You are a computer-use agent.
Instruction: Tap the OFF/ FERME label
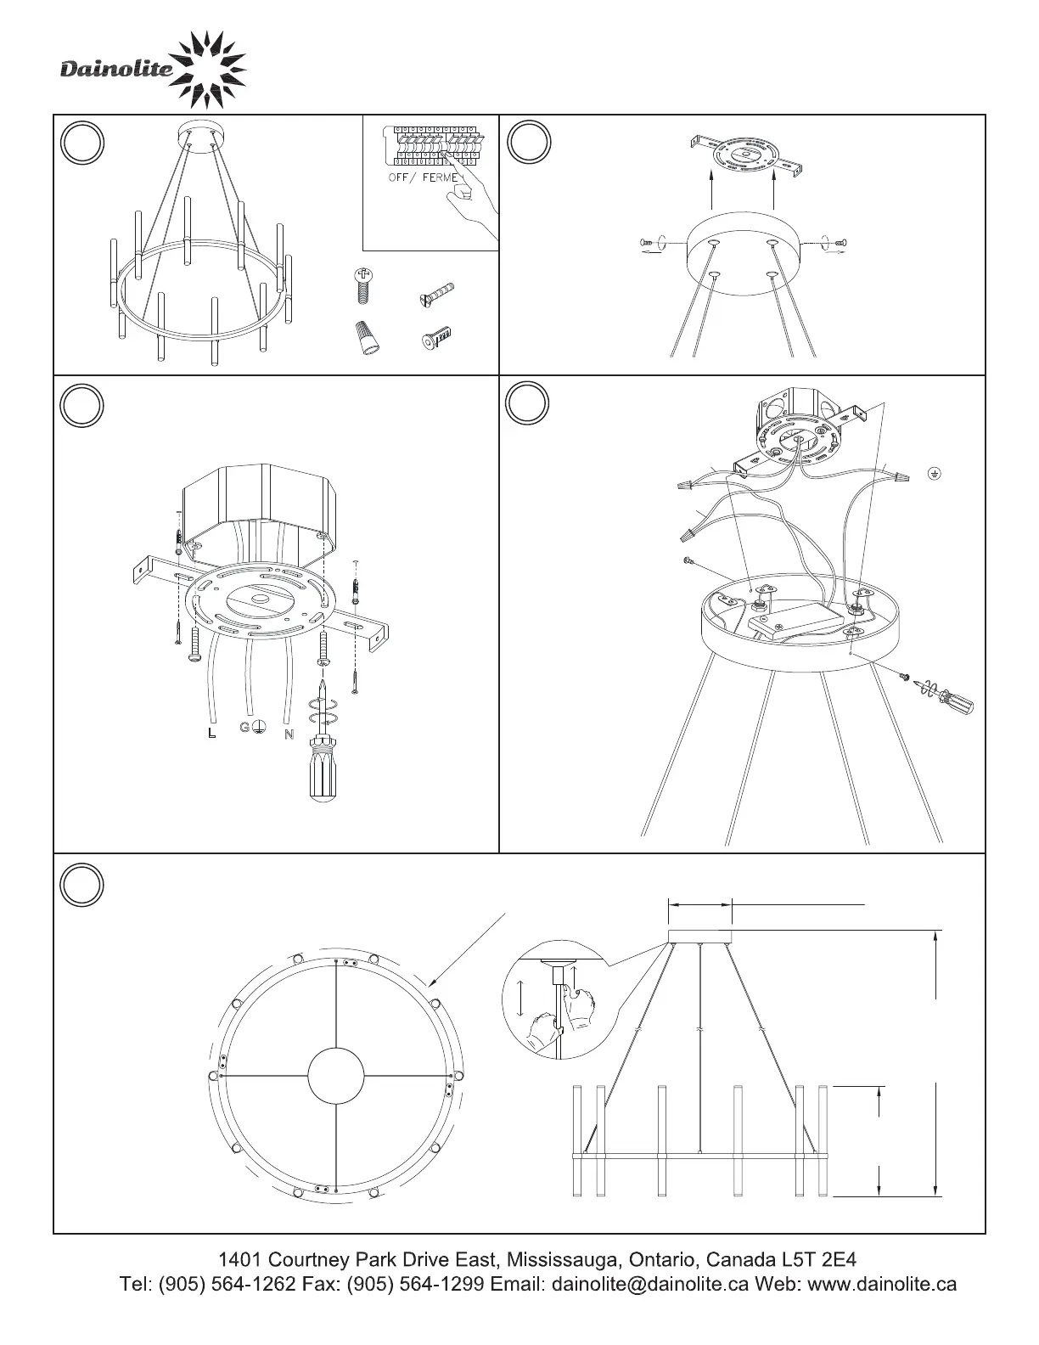(x=424, y=177)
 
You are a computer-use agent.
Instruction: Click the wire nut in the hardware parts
(x=368, y=338)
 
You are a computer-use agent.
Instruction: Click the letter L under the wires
(x=212, y=734)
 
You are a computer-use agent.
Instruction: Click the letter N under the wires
(x=289, y=734)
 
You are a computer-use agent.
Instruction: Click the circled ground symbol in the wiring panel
(x=935, y=474)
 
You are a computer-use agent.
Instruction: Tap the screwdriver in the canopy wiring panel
(x=946, y=696)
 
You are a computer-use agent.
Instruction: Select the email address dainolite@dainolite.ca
(x=649, y=1285)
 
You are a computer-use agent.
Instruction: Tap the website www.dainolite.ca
(x=882, y=1285)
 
